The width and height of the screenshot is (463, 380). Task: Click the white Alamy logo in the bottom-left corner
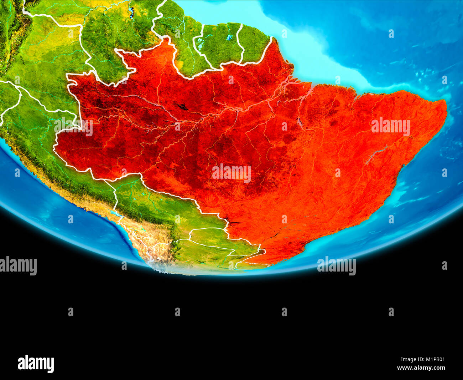coord(36,364)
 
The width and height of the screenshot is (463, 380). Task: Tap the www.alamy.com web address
coord(421,368)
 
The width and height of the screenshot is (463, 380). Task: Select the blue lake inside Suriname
coord(229,37)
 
